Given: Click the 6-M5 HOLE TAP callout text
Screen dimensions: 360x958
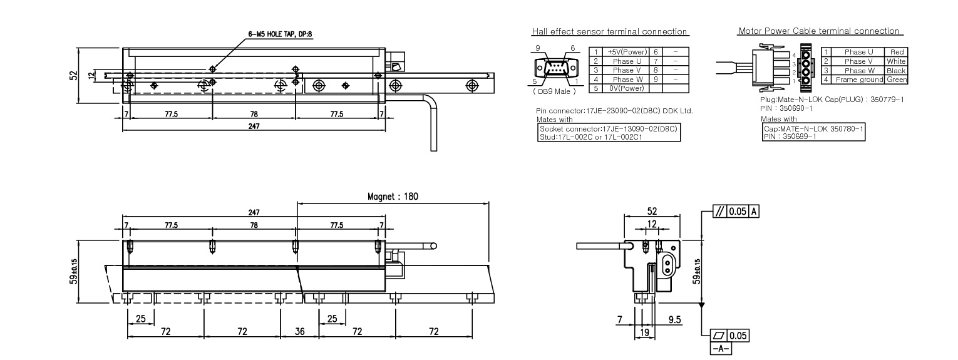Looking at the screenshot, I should click(281, 35).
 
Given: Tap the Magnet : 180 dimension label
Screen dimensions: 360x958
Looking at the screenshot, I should click(393, 197).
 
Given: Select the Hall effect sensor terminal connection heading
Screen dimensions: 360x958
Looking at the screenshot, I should click(609, 32).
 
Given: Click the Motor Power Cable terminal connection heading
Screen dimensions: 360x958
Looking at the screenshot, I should click(818, 31).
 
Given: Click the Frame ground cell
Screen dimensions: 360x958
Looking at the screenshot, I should click(858, 80).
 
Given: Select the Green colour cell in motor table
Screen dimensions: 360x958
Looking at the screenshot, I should click(896, 80).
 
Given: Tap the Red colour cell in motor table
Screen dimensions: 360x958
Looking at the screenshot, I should click(896, 52).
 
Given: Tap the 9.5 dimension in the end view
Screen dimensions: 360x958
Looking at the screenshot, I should click(674, 319).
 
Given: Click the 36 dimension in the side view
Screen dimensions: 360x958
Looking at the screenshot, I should click(300, 331).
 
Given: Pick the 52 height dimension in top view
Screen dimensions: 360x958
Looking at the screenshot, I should click(73, 75).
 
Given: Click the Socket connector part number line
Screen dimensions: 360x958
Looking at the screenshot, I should click(609, 128).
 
